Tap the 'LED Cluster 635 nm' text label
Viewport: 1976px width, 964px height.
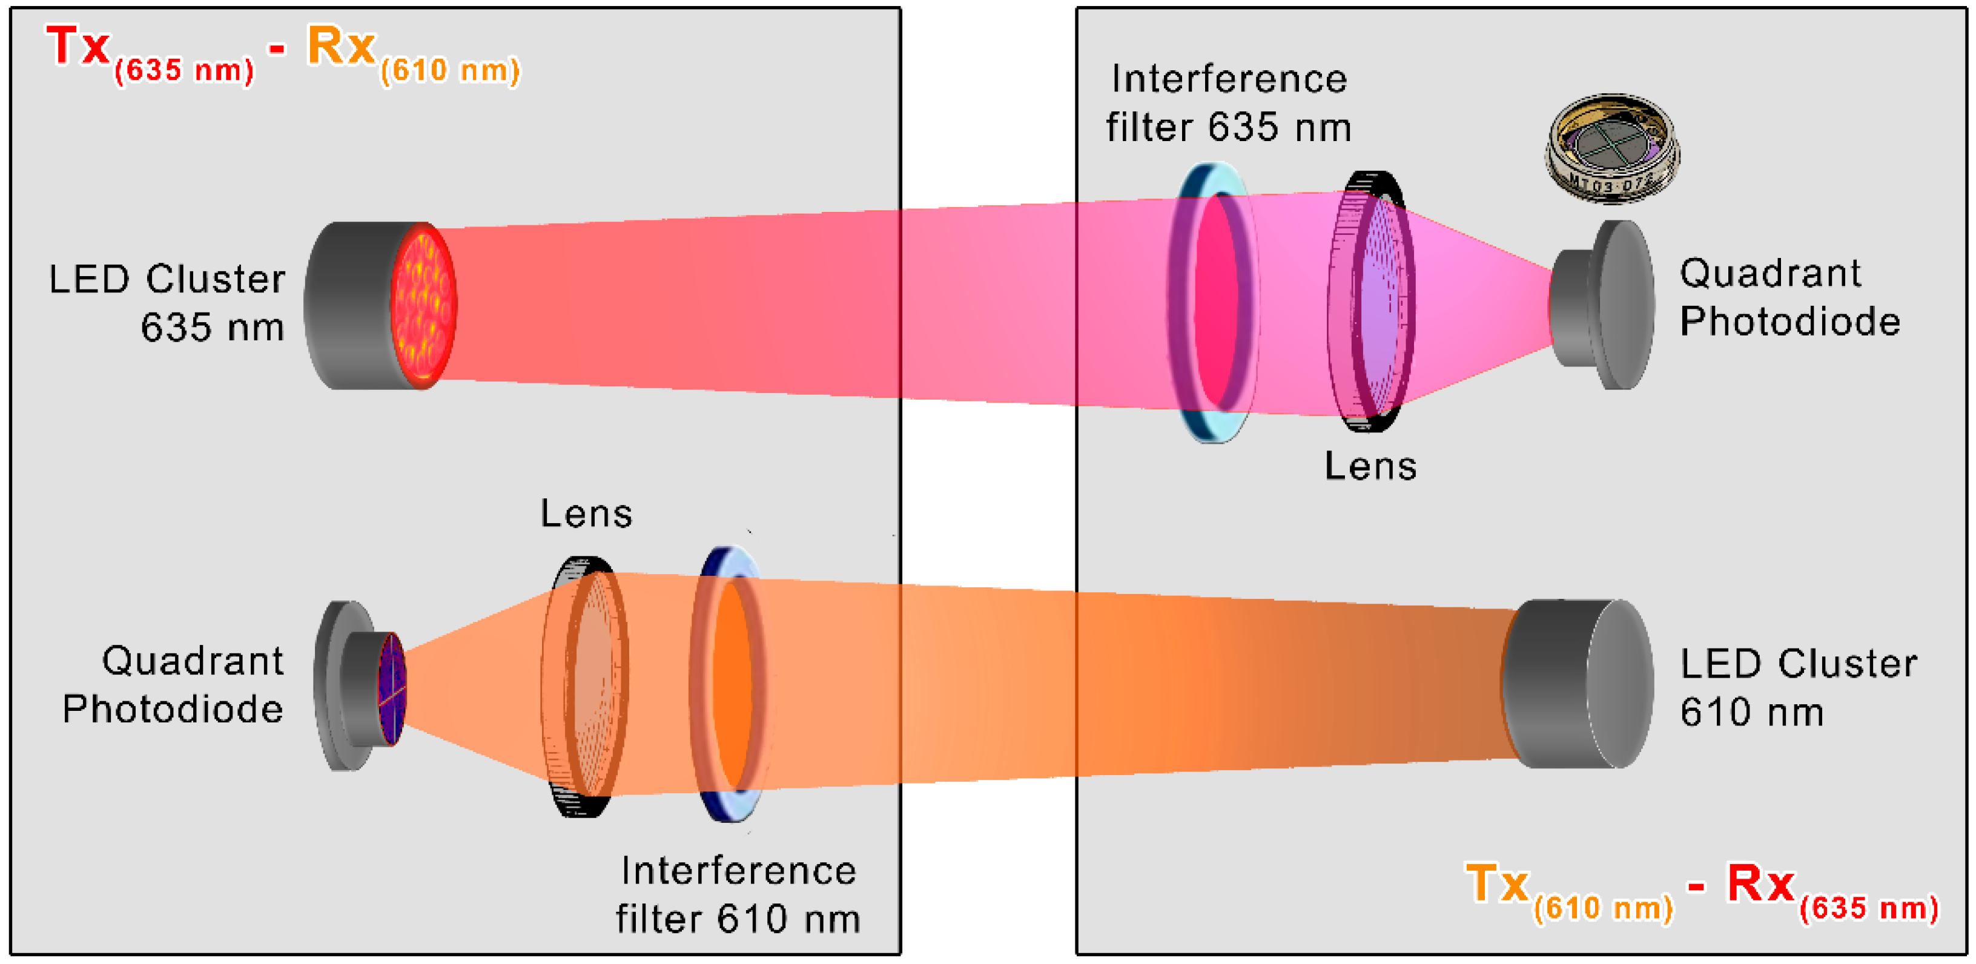167,303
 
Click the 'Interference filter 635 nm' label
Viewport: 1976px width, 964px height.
1228,104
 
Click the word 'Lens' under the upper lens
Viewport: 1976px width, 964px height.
1370,466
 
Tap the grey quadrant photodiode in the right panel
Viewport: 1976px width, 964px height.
1603,305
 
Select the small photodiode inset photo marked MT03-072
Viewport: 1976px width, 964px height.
1611,150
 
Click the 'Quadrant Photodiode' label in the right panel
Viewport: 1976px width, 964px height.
1789,297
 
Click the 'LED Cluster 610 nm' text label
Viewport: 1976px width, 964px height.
1797,688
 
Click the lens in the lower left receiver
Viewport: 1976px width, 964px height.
587,687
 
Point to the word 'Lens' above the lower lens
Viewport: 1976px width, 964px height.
586,514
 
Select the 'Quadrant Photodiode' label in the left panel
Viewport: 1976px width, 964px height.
173,685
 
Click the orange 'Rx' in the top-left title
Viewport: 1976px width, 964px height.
340,48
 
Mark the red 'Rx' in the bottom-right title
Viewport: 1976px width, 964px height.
1760,884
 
